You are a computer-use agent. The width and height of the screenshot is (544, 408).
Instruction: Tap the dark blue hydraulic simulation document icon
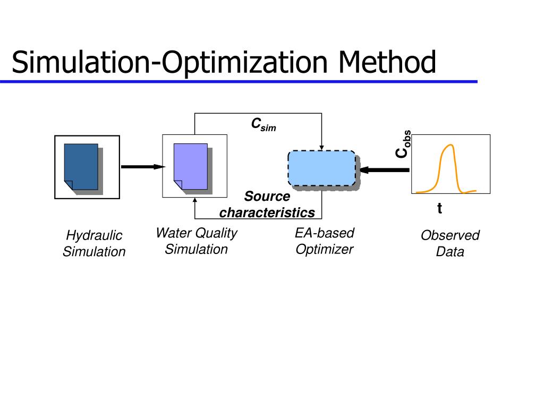(x=81, y=166)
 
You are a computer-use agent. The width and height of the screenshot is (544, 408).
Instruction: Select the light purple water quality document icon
(x=191, y=166)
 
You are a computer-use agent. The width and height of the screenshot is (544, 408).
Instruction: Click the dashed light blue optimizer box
(x=322, y=168)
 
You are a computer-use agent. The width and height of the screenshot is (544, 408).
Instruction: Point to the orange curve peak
(x=449, y=145)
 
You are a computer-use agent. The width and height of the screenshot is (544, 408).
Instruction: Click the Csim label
(x=263, y=125)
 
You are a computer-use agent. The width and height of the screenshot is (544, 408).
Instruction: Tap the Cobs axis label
(x=402, y=144)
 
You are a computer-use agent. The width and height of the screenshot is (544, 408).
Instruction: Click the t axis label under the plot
(x=439, y=209)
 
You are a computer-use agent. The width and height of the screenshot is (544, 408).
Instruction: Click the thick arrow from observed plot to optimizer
(x=385, y=170)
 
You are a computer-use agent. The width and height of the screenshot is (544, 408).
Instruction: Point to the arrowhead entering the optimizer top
(x=321, y=147)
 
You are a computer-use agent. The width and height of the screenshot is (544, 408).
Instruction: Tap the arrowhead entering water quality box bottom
(x=195, y=201)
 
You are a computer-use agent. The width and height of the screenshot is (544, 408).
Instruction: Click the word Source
(x=267, y=197)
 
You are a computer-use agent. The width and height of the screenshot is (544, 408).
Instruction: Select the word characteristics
(x=267, y=213)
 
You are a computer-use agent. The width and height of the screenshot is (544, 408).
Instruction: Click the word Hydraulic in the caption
(x=94, y=235)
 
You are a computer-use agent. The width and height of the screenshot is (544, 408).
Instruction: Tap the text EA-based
(x=324, y=233)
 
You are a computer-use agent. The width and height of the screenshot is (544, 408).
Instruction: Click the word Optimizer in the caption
(x=324, y=249)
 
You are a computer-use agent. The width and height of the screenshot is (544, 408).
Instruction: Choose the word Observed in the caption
(x=450, y=235)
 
